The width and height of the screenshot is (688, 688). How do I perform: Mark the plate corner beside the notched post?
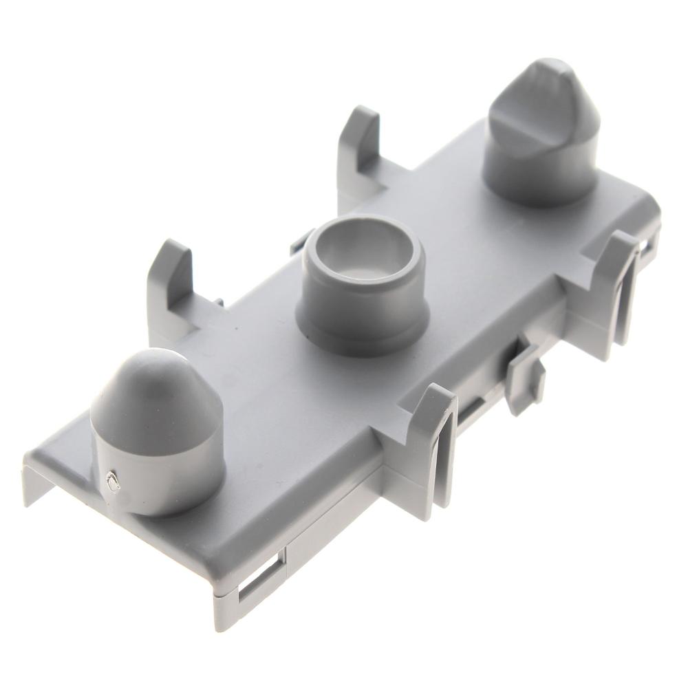(x=647, y=200)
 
